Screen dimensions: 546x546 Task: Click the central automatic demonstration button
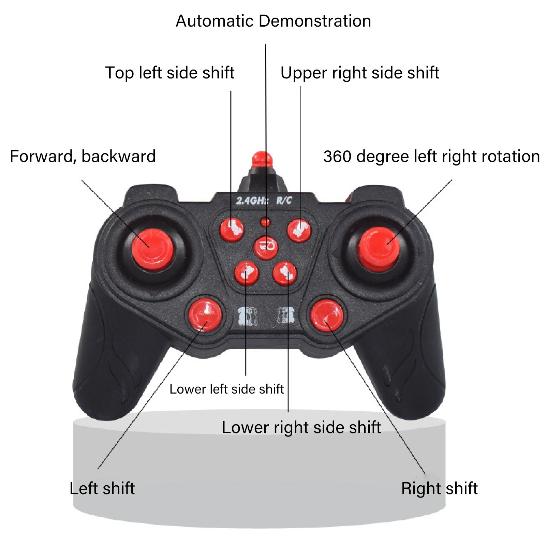pos(266,247)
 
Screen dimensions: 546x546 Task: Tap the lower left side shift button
pos(247,273)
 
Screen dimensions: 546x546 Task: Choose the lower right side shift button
pos(285,273)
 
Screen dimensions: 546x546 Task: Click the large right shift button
pos(326,315)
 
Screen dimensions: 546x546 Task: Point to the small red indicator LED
pos(265,222)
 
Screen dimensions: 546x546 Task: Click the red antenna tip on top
pos(262,159)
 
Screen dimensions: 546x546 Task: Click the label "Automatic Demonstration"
pos(273,21)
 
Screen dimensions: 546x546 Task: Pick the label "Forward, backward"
pos(83,157)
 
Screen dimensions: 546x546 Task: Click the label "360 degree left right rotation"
pos(431,157)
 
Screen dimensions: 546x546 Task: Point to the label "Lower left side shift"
pos(226,389)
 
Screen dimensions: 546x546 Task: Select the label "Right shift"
pos(439,488)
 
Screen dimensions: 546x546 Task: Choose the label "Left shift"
pos(102,488)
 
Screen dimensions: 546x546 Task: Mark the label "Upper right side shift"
pos(360,73)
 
